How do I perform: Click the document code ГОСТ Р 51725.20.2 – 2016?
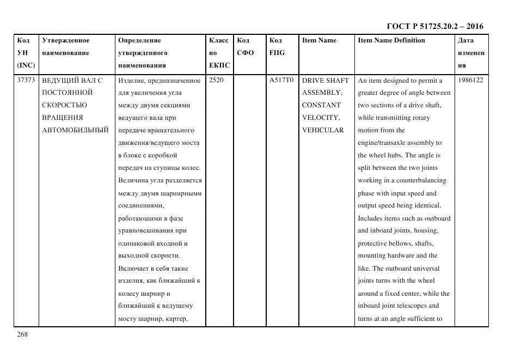click(434, 26)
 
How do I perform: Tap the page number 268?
click(22, 334)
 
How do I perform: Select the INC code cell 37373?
click(27, 81)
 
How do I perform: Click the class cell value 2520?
click(216, 81)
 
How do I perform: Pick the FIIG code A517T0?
click(281, 81)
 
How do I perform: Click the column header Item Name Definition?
click(391, 40)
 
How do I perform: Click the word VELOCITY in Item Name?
click(321, 118)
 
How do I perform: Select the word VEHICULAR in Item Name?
click(323, 130)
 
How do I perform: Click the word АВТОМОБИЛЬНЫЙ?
click(75, 130)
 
